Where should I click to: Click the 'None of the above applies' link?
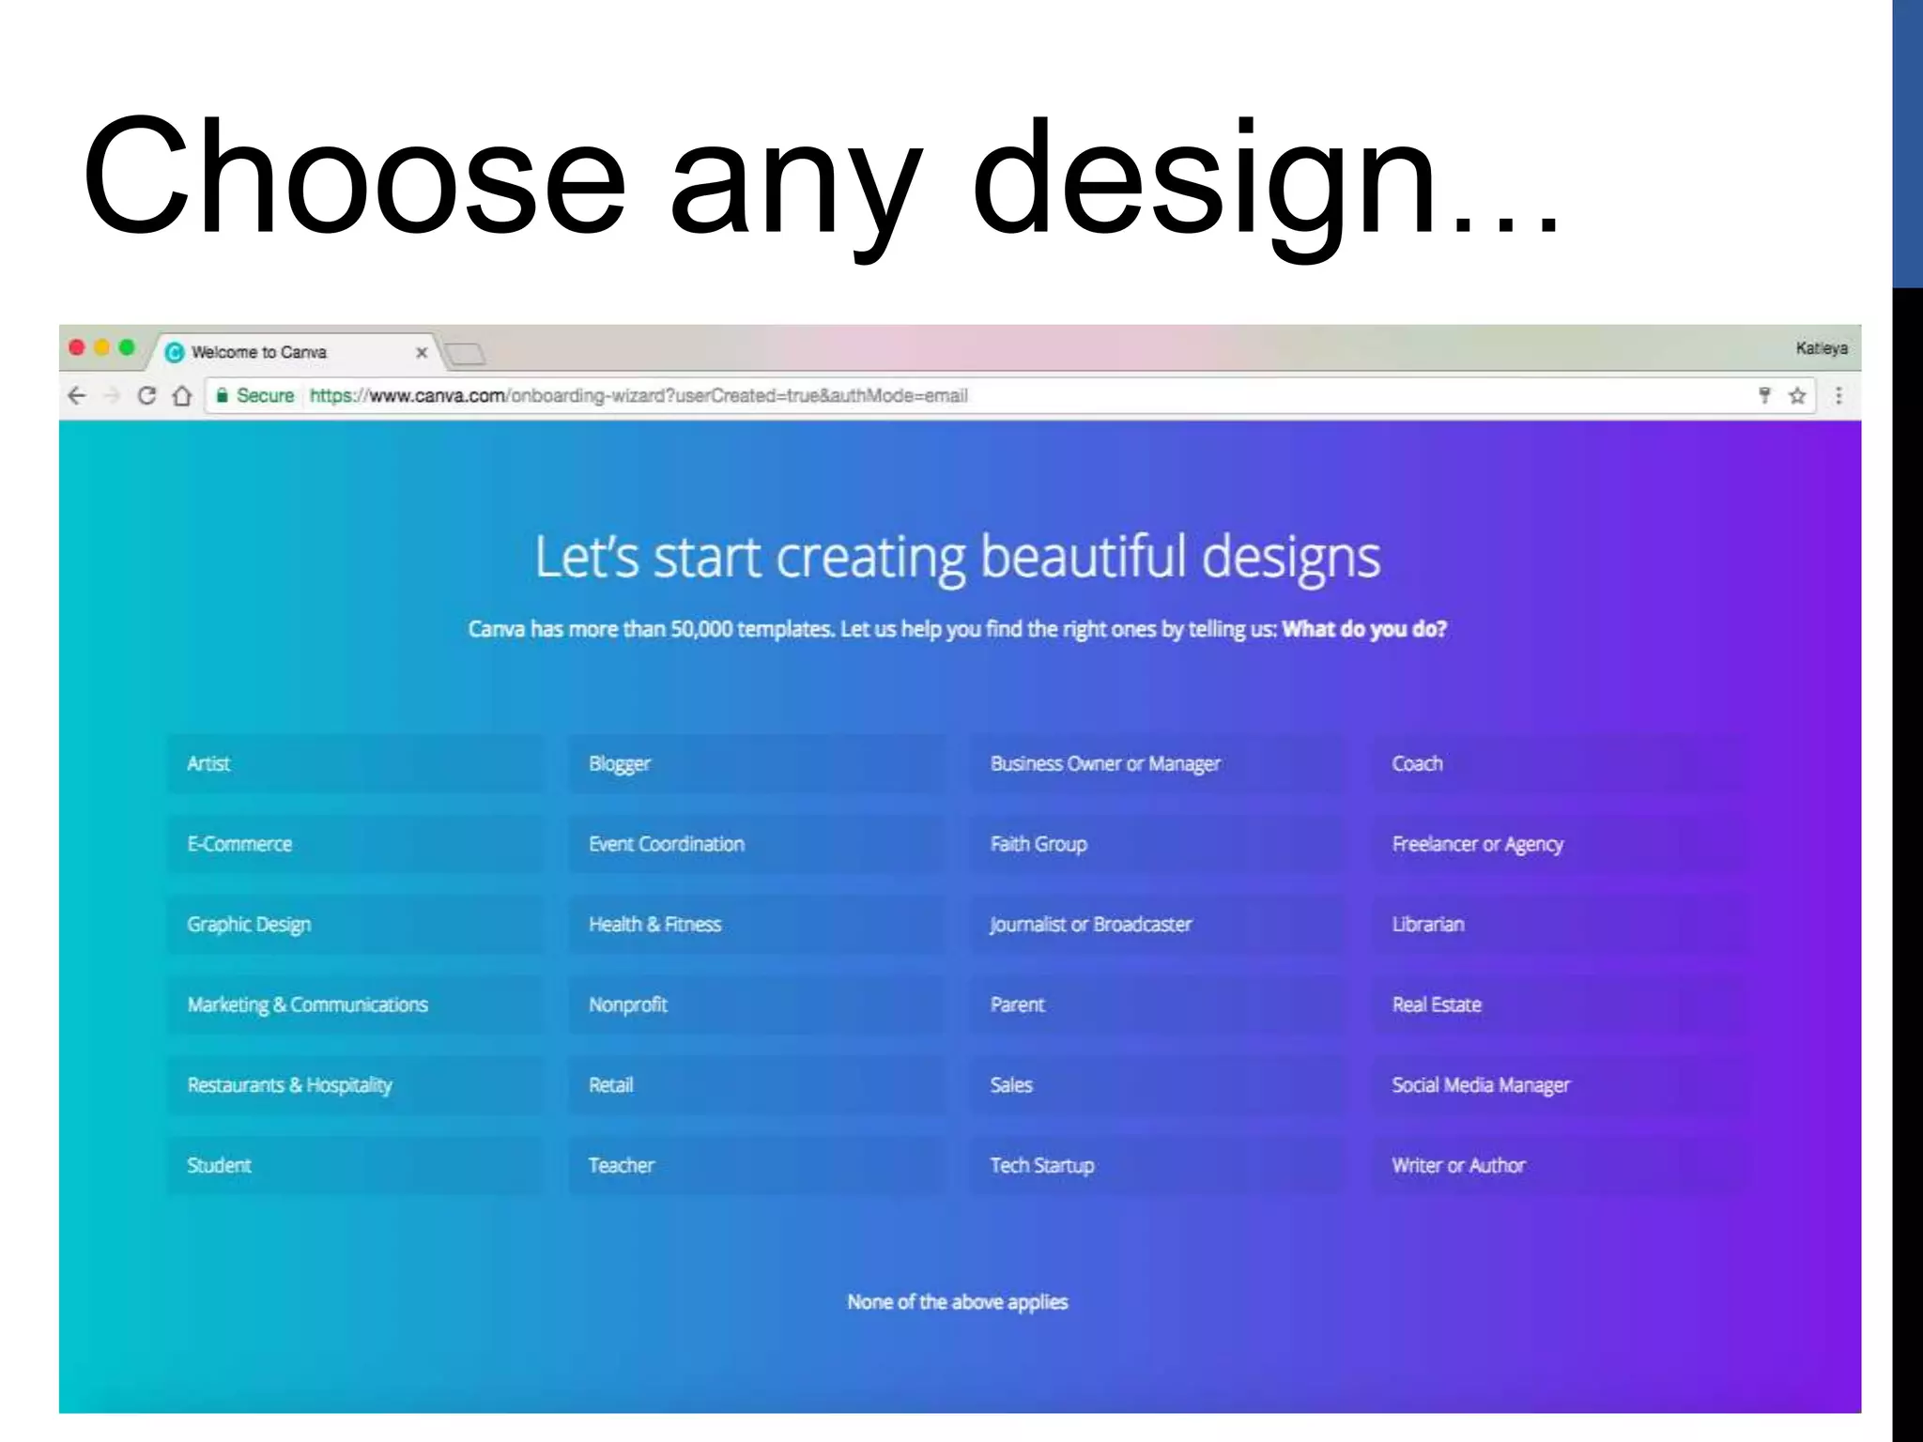pyautogui.click(x=957, y=1302)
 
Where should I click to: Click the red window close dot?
pyautogui.click(x=77, y=348)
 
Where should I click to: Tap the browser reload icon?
pyautogui.click(x=146, y=396)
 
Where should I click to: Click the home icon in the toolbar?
pyautogui.click(x=182, y=396)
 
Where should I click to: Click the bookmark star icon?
pyautogui.click(x=1797, y=396)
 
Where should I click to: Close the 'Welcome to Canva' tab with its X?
pyautogui.click(x=422, y=353)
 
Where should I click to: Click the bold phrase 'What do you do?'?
pyautogui.click(x=1363, y=629)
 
